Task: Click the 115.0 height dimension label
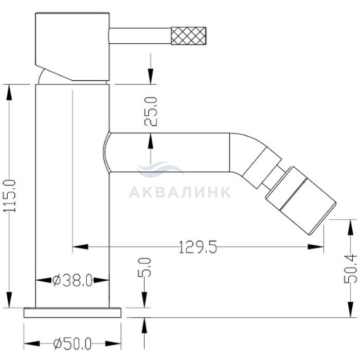(x=11, y=196)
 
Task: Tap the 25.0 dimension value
(x=151, y=112)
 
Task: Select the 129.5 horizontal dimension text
(x=197, y=247)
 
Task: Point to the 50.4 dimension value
(x=350, y=269)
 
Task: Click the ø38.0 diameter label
(x=73, y=280)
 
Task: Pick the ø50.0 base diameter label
(x=73, y=344)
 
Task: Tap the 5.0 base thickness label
(x=145, y=267)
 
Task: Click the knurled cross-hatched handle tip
(x=189, y=35)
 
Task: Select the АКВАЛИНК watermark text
(x=180, y=192)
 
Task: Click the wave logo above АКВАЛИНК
(x=160, y=169)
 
